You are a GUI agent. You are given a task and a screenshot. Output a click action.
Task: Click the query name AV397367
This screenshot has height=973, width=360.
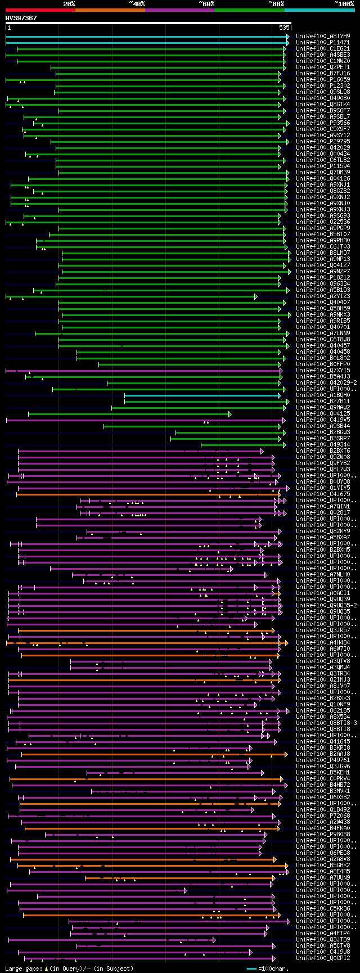click(21, 18)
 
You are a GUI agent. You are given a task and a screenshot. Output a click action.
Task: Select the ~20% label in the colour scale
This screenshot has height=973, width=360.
click(69, 3)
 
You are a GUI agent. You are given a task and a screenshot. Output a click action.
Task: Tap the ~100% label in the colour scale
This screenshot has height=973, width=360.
click(344, 3)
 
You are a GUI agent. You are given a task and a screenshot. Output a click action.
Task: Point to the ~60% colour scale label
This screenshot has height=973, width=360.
click(206, 3)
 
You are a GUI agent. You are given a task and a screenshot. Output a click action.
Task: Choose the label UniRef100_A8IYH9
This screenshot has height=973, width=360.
click(323, 36)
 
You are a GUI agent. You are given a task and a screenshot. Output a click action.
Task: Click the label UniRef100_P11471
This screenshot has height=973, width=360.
click(323, 42)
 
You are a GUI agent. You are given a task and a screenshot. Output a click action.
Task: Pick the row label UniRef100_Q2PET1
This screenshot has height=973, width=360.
click(323, 67)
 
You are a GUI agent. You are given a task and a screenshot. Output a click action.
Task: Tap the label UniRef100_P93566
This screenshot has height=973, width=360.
click(323, 123)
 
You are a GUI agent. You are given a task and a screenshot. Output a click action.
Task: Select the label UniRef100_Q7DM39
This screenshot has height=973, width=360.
click(323, 172)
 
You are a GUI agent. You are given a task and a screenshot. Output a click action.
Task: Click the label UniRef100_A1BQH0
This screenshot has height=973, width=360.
click(323, 395)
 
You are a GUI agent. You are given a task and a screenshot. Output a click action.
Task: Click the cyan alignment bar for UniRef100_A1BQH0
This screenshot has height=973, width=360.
click(202, 395)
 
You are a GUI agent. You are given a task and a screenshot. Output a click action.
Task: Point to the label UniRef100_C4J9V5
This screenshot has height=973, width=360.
click(323, 420)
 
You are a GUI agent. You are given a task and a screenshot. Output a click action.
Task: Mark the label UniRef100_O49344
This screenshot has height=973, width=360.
click(323, 444)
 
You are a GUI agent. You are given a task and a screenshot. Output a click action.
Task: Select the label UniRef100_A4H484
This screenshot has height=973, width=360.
click(323, 642)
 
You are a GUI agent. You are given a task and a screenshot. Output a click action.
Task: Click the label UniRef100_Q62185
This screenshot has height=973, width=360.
click(323, 710)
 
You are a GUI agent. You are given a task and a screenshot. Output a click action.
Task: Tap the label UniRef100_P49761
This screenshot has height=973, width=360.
click(323, 760)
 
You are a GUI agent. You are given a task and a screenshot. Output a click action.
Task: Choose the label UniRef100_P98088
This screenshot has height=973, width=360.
click(323, 834)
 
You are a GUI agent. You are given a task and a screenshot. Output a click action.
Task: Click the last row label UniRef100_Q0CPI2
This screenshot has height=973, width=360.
click(323, 958)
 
